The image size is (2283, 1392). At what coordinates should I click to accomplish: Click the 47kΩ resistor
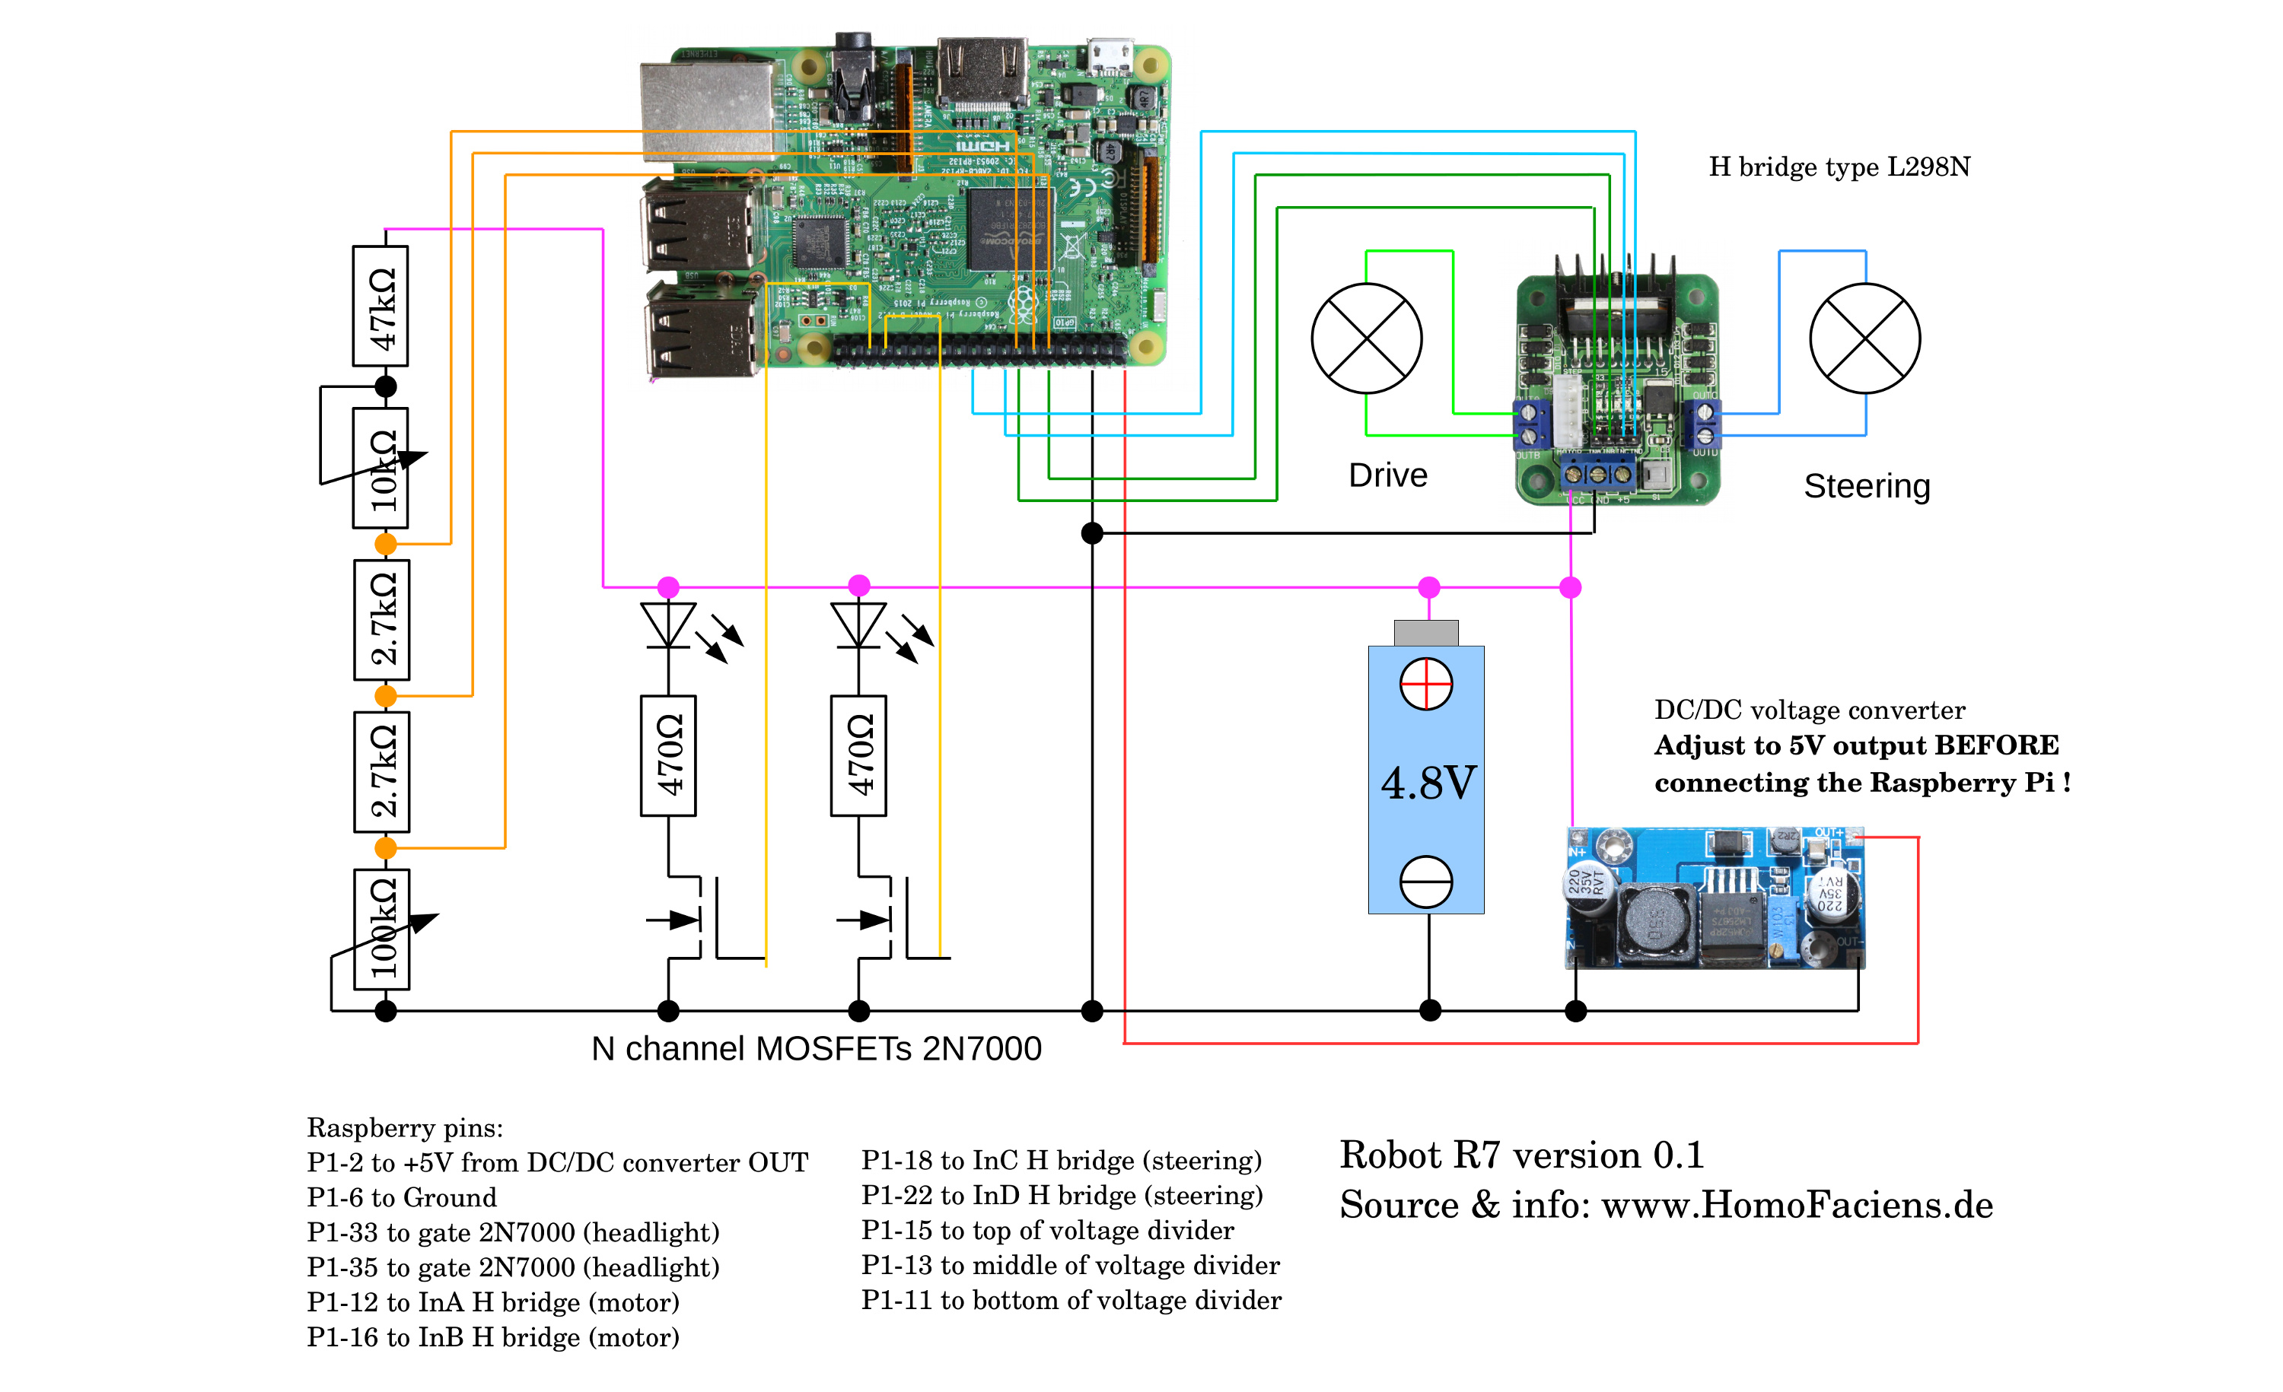380,307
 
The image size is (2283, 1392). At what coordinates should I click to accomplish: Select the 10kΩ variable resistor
380,469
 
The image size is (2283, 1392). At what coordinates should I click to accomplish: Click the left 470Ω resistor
668,756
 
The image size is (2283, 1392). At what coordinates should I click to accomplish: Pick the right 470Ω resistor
859,756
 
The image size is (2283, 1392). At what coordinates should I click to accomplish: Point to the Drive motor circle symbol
1367,338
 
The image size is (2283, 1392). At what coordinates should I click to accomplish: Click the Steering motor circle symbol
1864,338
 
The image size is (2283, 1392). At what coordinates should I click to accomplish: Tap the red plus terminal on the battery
1426,685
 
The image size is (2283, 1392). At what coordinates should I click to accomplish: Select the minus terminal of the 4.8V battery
1426,881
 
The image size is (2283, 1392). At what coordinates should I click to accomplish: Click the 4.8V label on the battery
1428,783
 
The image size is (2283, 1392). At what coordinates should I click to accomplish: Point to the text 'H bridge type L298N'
1839,167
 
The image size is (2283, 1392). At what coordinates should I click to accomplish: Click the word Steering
1866,486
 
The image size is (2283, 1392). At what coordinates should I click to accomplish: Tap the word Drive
1387,475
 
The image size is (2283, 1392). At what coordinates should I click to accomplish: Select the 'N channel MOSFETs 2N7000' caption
817,1048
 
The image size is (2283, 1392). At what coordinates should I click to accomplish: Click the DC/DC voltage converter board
1714,898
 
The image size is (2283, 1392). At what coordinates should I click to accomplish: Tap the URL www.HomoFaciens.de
1797,1205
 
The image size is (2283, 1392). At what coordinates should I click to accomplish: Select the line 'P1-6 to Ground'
401,1197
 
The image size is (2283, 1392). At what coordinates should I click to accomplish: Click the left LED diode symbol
668,625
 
